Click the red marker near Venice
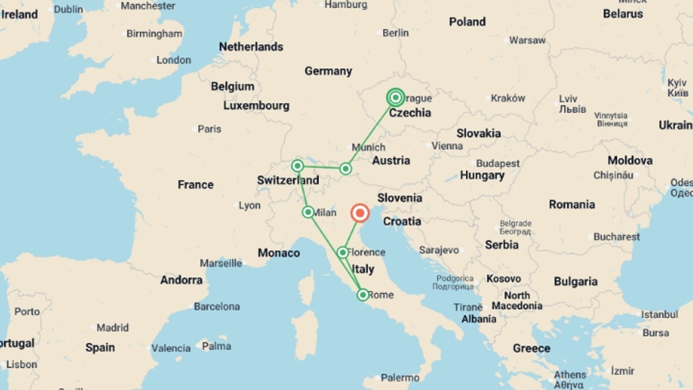[x=360, y=213]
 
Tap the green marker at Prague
[x=396, y=97]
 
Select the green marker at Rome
[x=363, y=295]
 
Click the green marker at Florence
[x=343, y=252]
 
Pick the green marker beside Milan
[x=308, y=212]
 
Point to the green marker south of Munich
[x=345, y=169]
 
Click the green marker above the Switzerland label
[x=297, y=166]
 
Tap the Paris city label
[x=209, y=129]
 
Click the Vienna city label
[x=447, y=146]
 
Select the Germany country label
[x=328, y=71]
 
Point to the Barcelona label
[x=217, y=307]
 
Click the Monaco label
[x=279, y=253]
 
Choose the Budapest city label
[x=498, y=163]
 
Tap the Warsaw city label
[x=527, y=40]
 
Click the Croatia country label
[x=402, y=221]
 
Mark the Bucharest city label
[x=616, y=237]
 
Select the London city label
[x=173, y=60]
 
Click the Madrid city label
[x=112, y=328]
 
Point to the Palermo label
[x=400, y=378]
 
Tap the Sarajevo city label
[x=439, y=250]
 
